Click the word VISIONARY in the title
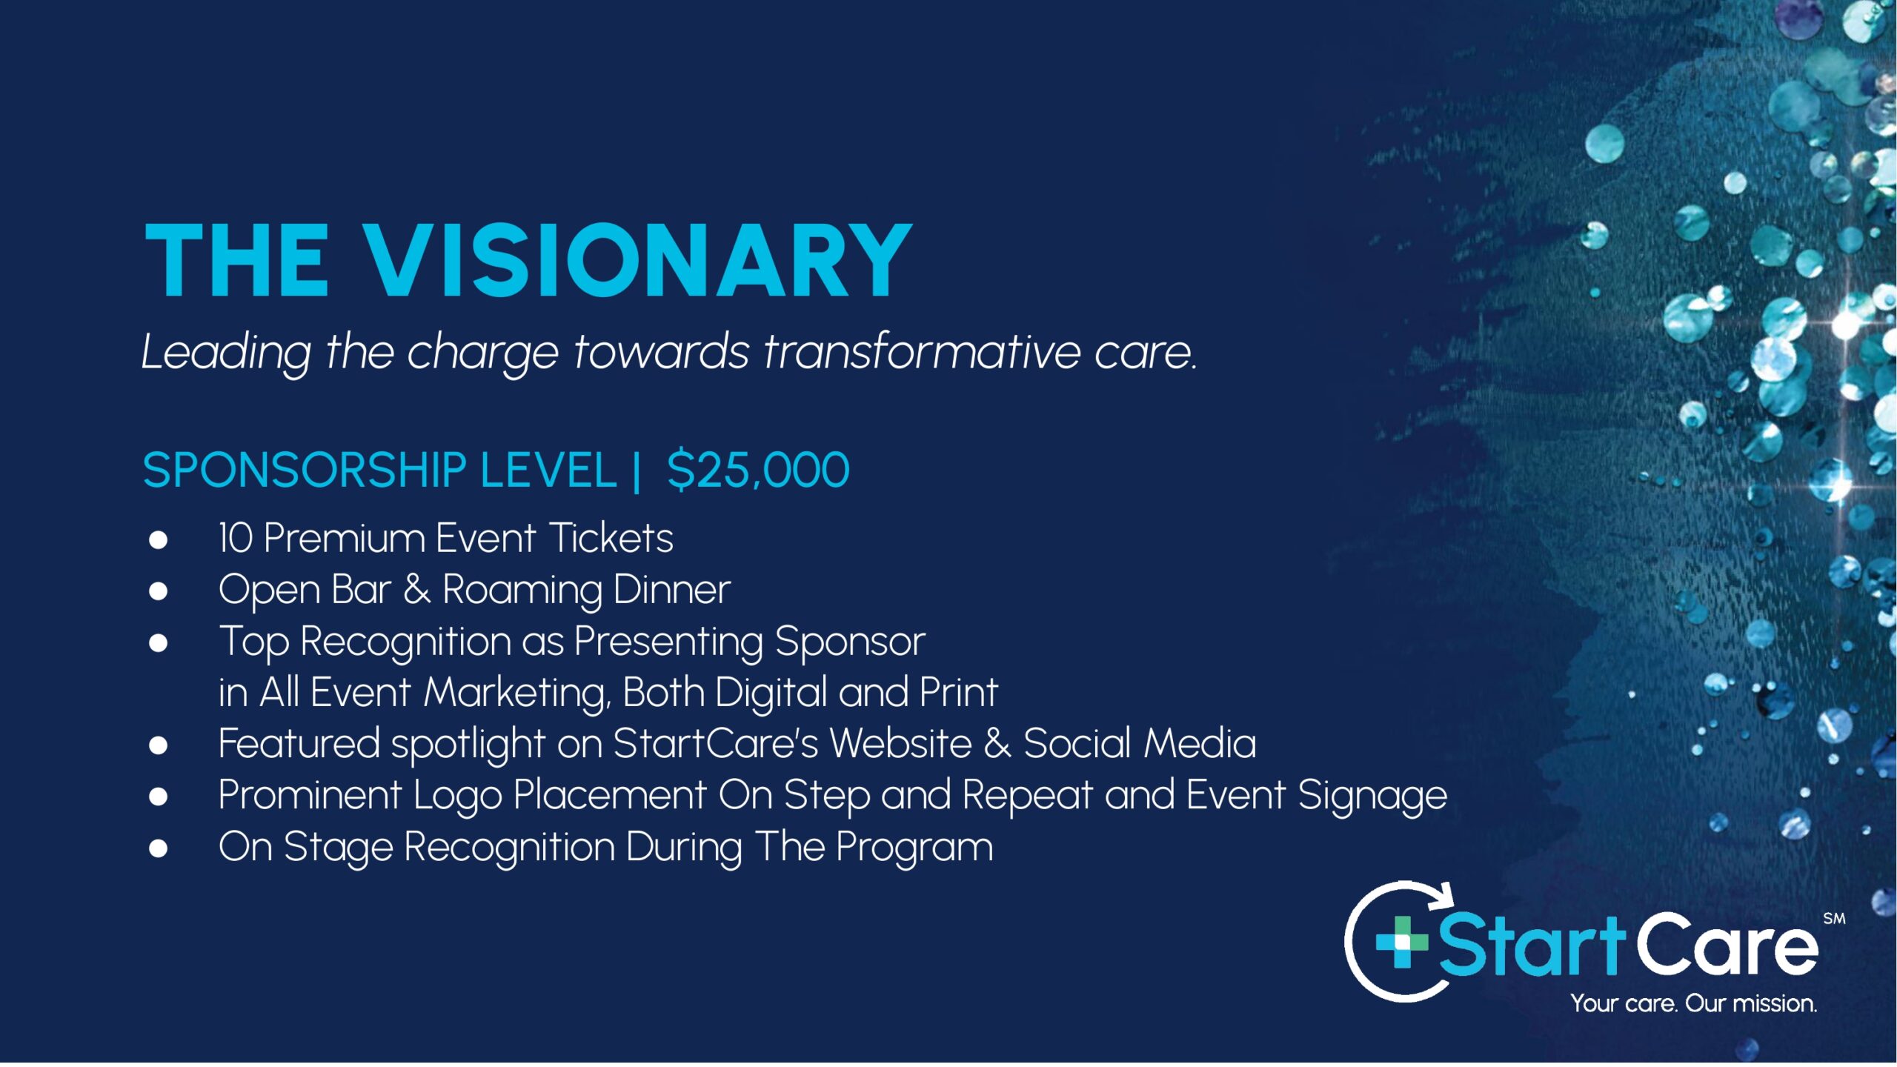[x=638, y=261]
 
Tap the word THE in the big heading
[x=236, y=261]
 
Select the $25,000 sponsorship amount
[x=758, y=471]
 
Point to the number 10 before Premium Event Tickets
[x=236, y=538]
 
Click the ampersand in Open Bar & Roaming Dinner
[x=416, y=590]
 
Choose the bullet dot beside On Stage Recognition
[x=158, y=848]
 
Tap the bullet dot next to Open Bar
[x=158, y=591]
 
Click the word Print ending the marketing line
[x=959, y=692]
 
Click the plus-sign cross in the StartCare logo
[x=1401, y=942]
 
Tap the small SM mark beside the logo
[x=1834, y=919]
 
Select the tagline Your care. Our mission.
[x=1694, y=1004]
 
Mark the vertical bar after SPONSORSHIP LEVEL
[x=637, y=471]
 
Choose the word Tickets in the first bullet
[x=611, y=538]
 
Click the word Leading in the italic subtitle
[x=226, y=353]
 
